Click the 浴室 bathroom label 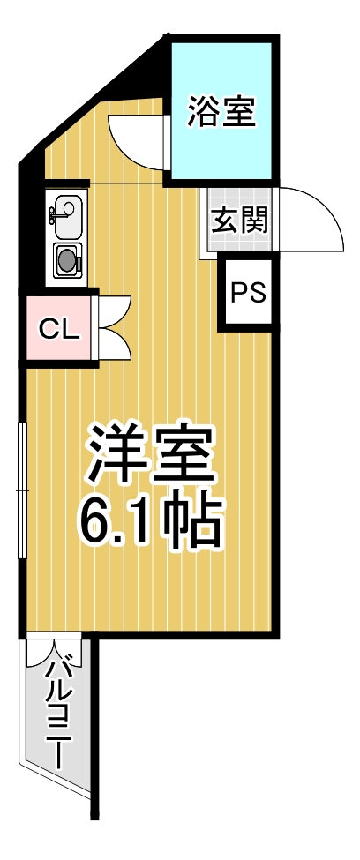(221, 112)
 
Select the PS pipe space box (248, 293)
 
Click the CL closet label (60, 329)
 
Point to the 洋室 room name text (151, 453)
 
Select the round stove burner (67, 259)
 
